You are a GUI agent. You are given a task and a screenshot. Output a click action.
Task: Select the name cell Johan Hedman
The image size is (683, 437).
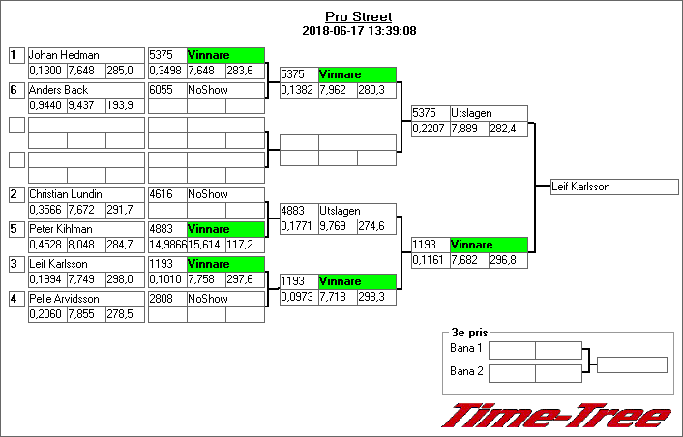pyautogui.click(x=85, y=55)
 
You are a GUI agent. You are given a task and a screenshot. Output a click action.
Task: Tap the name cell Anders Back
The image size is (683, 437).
pyautogui.click(x=85, y=90)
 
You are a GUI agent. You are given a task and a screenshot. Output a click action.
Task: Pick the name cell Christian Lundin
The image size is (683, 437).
pyautogui.click(x=85, y=194)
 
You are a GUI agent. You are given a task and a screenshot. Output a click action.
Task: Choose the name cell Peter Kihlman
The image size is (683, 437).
pyautogui.click(x=85, y=229)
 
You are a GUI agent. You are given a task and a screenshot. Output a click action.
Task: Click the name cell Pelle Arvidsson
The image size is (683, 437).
pyautogui.click(x=85, y=299)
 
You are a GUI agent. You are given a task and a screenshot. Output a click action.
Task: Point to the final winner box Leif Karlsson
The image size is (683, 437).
pyautogui.click(x=608, y=187)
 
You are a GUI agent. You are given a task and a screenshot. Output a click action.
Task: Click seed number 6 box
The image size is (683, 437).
pyautogui.click(x=15, y=90)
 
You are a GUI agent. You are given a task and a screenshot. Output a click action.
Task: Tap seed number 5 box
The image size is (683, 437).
pyautogui.click(x=15, y=229)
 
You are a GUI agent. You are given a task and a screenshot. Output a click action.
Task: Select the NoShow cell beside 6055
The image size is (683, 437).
pyautogui.click(x=225, y=90)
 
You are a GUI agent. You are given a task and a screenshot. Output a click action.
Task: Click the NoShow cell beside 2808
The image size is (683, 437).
pyautogui.click(x=225, y=299)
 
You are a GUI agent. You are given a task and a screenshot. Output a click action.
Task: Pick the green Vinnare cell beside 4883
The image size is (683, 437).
pyautogui.click(x=225, y=229)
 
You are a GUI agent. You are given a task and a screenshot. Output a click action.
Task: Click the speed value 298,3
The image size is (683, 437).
pyautogui.click(x=376, y=297)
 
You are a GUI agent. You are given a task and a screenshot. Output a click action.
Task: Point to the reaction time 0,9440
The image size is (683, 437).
pyautogui.click(x=46, y=105)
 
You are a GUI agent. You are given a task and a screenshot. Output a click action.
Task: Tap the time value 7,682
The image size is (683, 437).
pyautogui.click(x=468, y=260)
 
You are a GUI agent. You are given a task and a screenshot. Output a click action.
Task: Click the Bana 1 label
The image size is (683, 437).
pyautogui.click(x=466, y=348)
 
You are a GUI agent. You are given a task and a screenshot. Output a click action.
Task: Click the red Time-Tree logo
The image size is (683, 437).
pyautogui.click(x=555, y=416)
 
